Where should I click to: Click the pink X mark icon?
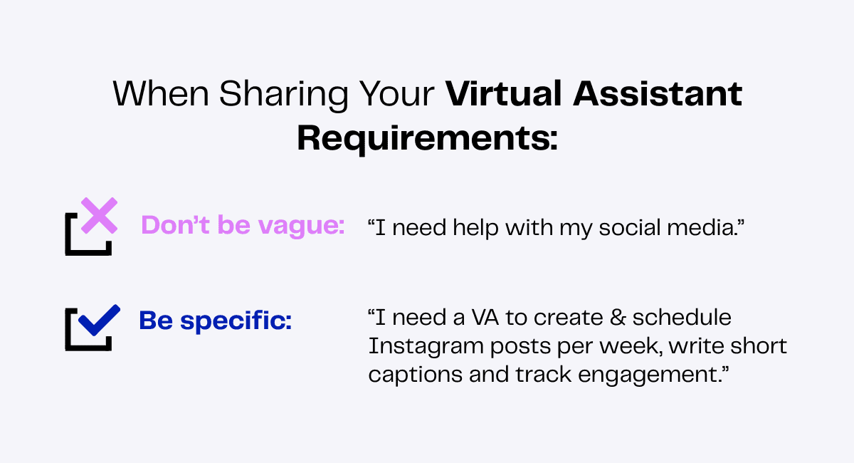[99, 217]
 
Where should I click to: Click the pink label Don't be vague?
[243, 226]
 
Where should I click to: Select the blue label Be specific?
[216, 321]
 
